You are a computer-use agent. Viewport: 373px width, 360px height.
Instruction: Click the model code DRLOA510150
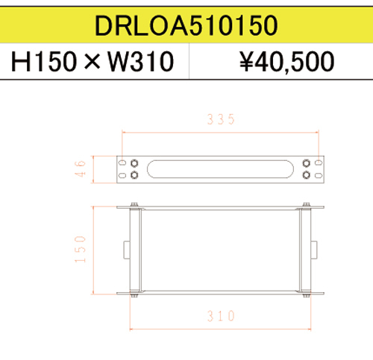(186, 25)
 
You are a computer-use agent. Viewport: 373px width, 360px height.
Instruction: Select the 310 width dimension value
(220, 315)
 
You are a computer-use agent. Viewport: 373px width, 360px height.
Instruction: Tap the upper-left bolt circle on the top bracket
(134, 162)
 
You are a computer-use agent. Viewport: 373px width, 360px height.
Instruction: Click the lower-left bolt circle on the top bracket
(134, 175)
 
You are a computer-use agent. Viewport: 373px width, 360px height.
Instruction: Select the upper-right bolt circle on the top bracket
(306, 162)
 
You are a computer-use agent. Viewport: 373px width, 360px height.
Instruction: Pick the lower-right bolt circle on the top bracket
(306, 175)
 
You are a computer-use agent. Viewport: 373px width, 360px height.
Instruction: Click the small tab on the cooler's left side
(125, 248)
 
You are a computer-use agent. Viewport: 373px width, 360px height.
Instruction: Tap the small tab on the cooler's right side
(315, 248)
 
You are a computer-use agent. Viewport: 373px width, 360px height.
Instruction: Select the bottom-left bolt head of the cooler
(134, 296)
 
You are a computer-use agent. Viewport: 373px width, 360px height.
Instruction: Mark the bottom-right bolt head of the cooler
(305, 296)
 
